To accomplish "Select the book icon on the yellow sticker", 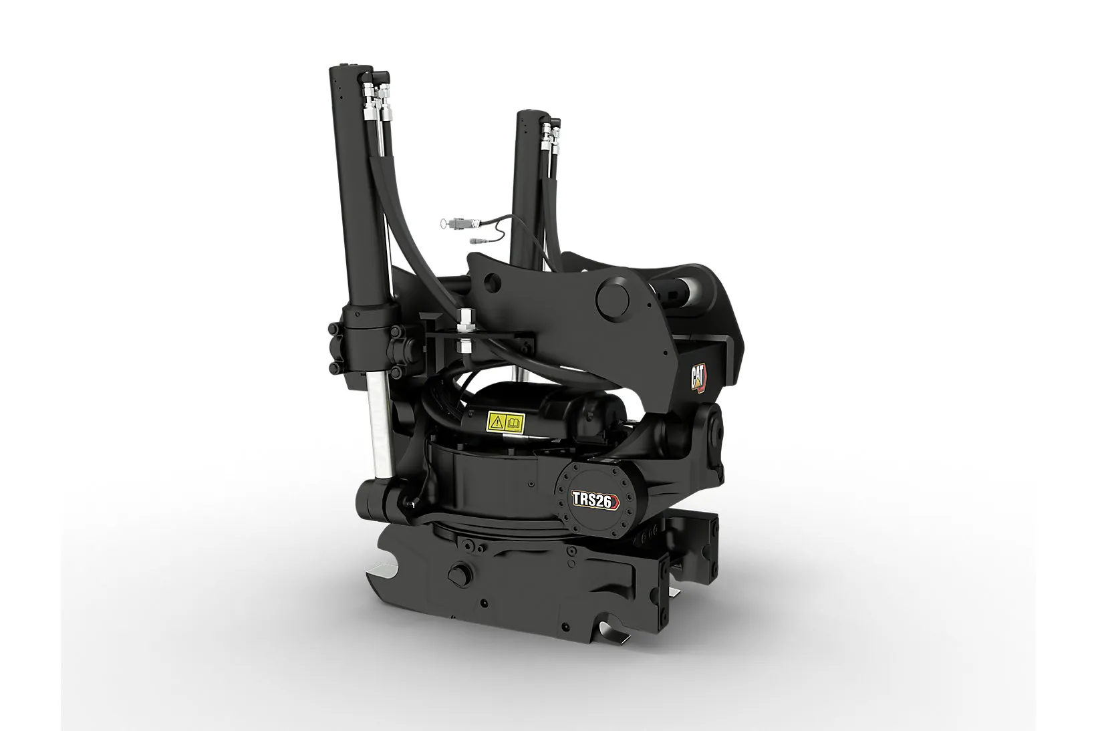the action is click(514, 421).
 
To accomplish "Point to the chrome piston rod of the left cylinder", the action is click(382, 425).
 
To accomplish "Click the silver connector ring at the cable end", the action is click(444, 223).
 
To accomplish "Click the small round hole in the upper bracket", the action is click(492, 281).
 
